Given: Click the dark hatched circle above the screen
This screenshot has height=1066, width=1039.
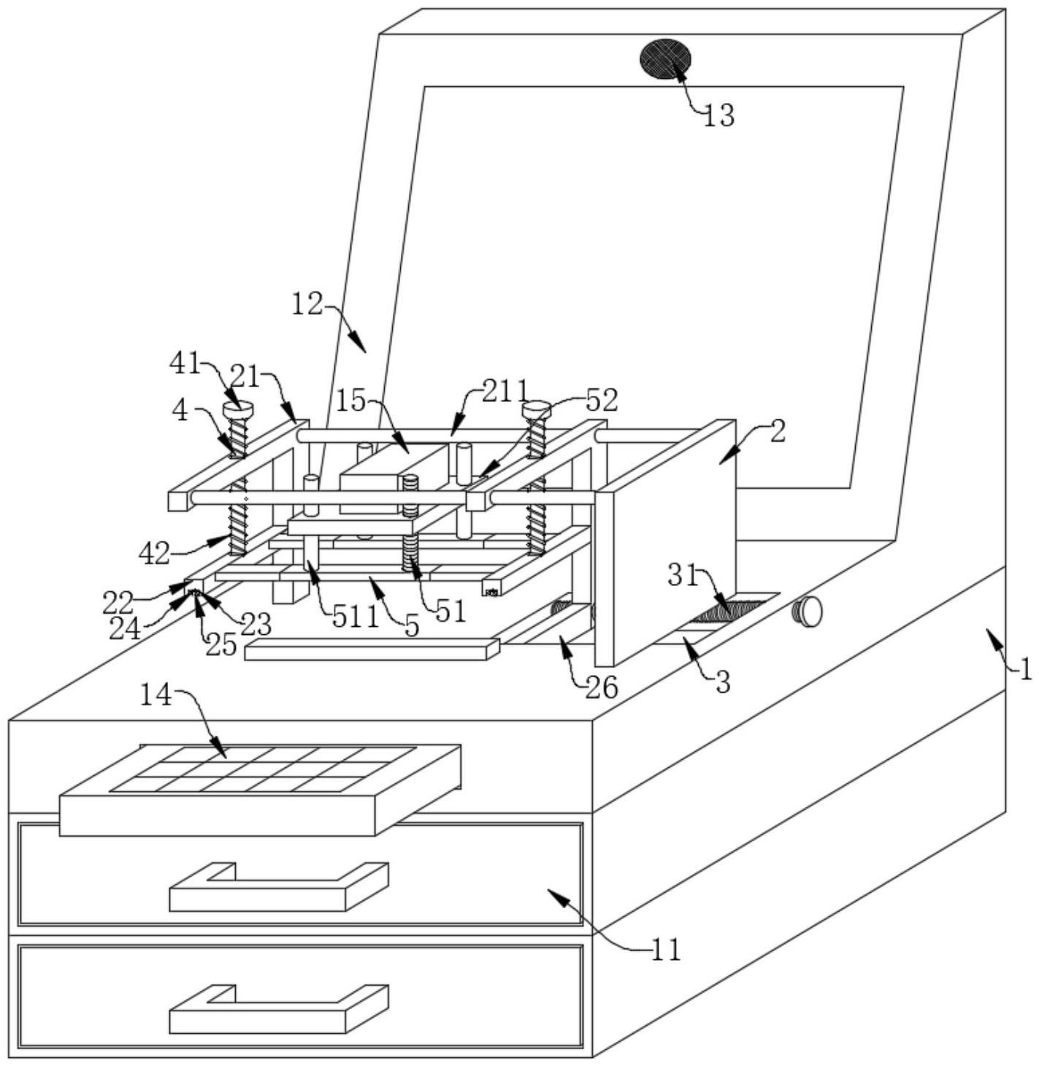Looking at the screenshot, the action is click(x=665, y=60).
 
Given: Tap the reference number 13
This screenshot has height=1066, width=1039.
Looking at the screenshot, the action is click(x=718, y=115).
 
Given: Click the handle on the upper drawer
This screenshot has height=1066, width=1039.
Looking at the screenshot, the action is click(x=279, y=887).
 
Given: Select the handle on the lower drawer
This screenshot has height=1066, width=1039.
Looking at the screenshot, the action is click(x=279, y=1010).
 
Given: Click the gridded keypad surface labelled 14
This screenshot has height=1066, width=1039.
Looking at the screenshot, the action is click(x=263, y=769).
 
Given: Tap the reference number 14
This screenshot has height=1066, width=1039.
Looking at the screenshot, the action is click(x=156, y=696).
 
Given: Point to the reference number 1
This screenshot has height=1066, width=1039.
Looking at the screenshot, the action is click(x=1024, y=669).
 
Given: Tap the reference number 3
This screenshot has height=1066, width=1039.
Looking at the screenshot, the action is click(x=723, y=682).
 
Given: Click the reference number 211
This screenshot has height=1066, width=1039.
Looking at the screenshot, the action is click(x=506, y=391).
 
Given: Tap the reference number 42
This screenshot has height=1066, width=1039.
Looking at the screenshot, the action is click(x=154, y=555).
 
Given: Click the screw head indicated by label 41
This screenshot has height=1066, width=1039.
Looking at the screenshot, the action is click(x=237, y=409).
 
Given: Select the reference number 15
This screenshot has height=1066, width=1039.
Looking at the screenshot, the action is click(x=351, y=401).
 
